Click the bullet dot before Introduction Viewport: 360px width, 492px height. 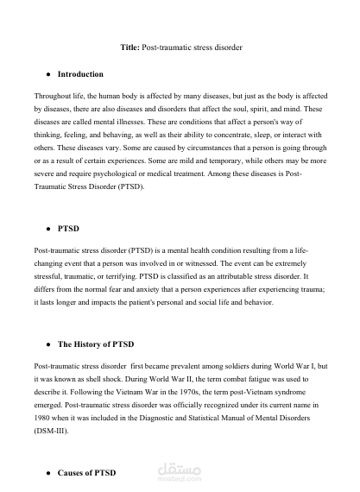pyautogui.click(x=47, y=74)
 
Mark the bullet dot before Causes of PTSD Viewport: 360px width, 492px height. pyautogui.click(x=47, y=474)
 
